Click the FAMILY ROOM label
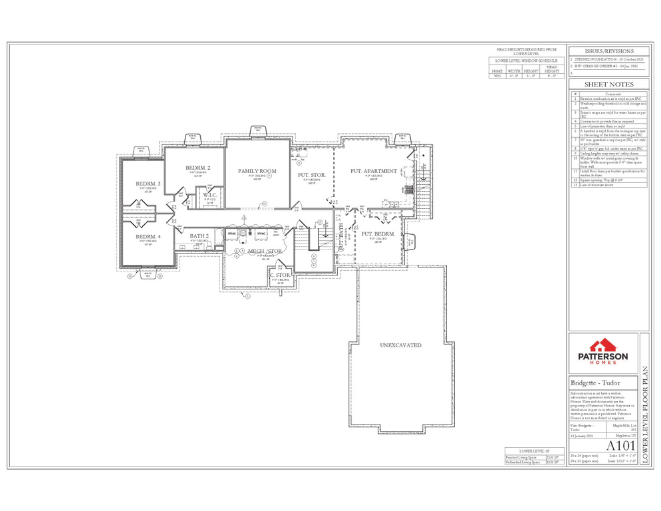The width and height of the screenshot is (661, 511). click(x=257, y=171)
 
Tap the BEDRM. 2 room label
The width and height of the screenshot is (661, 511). click(x=198, y=167)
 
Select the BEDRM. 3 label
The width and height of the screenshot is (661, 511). click(x=148, y=183)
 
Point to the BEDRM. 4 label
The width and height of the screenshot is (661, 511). click(x=148, y=236)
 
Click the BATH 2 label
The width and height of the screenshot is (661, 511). click(x=199, y=236)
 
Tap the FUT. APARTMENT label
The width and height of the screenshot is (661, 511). click(x=374, y=171)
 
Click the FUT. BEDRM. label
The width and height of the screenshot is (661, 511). click(x=378, y=234)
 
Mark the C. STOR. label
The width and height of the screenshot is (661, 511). click(x=280, y=275)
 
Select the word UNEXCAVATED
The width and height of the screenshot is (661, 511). click(x=400, y=345)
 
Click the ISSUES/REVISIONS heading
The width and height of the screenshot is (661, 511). click(x=608, y=51)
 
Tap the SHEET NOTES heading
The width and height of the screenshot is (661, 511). click(x=608, y=85)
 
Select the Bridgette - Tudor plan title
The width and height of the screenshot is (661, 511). click(x=594, y=383)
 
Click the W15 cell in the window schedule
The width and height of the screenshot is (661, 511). click(x=497, y=77)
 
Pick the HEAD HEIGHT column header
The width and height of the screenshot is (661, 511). click(x=551, y=70)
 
